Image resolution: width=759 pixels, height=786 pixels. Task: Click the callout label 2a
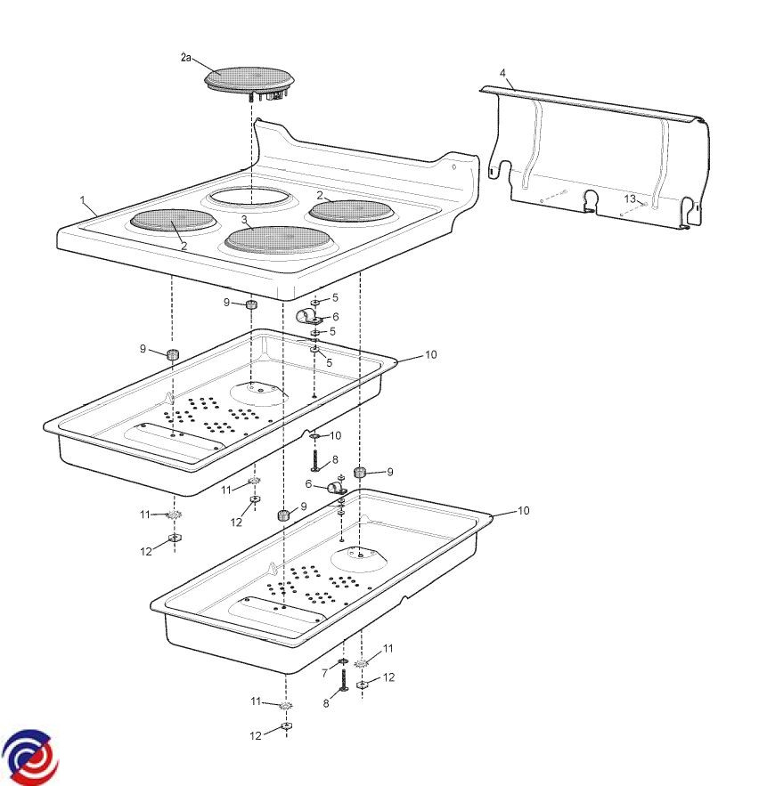click(185, 58)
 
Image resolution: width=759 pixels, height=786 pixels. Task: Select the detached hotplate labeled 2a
click(249, 82)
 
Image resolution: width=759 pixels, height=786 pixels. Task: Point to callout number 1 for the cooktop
click(83, 200)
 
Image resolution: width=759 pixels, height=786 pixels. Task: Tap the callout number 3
click(244, 220)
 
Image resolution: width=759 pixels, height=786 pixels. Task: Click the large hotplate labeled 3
click(276, 239)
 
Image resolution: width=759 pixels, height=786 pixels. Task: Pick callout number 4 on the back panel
click(502, 73)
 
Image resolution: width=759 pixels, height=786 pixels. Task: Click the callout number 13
click(630, 199)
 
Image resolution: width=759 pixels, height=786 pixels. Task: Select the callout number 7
click(325, 673)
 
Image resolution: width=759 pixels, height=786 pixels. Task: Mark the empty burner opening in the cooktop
click(249, 197)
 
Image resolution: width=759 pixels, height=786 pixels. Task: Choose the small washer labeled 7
click(343, 662)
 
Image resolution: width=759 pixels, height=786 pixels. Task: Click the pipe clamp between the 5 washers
click(307, 317)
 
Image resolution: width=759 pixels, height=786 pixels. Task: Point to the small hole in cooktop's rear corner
click(453, 167)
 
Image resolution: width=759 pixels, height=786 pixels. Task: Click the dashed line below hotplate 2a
click(250, 150)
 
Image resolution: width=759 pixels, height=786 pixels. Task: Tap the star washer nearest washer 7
click(361, 664)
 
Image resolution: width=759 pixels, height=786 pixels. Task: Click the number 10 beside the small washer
click(335, 435)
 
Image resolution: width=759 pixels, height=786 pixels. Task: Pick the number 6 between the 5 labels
click(335, 316)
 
